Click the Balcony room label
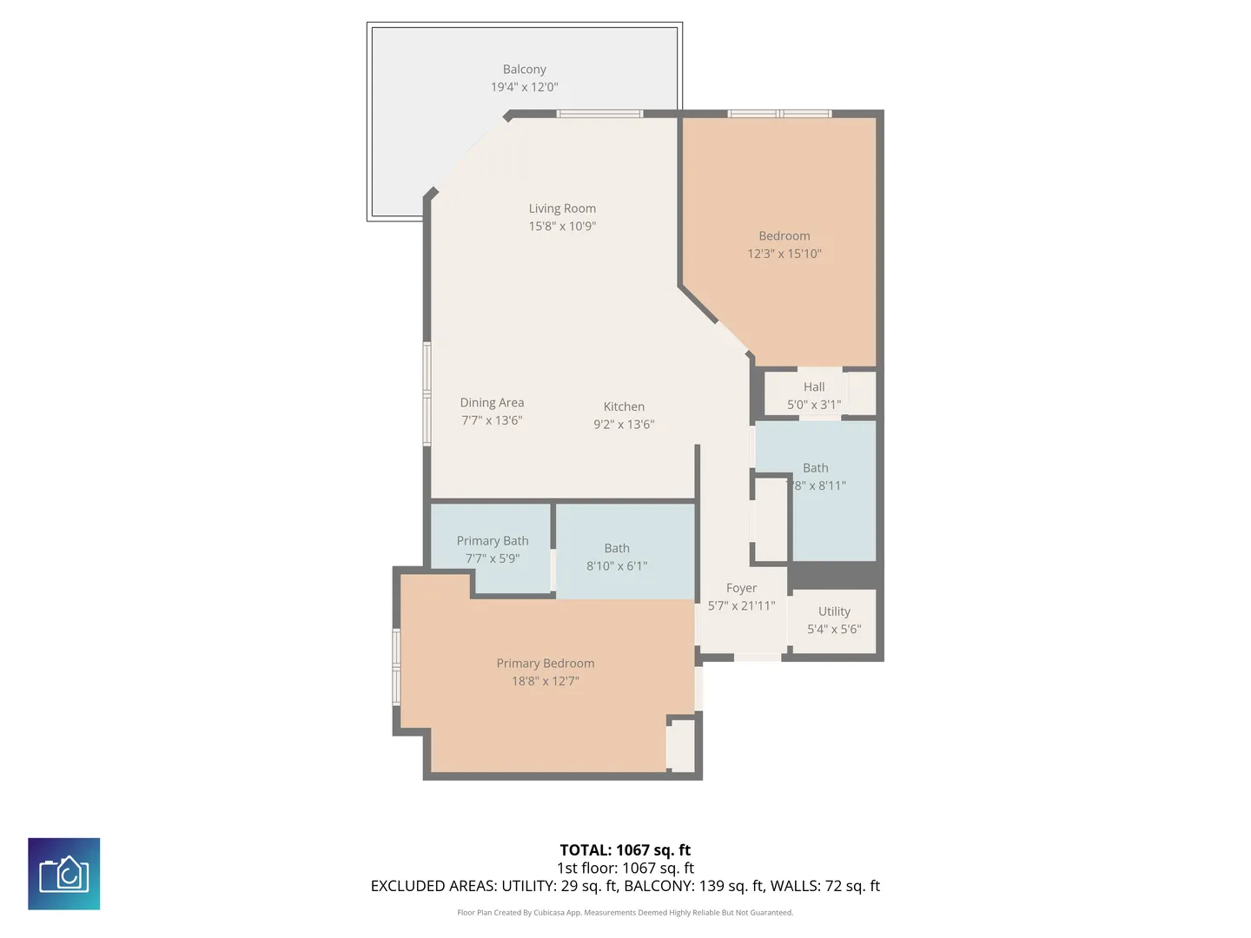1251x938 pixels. (x=524, y=69)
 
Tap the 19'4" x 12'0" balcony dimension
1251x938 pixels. (x=524, y=87)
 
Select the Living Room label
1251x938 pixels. (x=562, y=208)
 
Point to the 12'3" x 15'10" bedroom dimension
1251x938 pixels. (x=784, y=254)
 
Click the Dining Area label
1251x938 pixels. (x=492, y=403)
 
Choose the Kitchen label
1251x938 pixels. (x=624, y=406)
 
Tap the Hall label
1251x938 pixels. (x=814, y=386)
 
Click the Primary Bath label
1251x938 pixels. (x=493, y=540)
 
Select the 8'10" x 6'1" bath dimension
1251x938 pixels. (x=617, y=565)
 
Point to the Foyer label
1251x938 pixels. (x=741, y=588)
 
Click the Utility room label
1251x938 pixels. (x=834, y=611)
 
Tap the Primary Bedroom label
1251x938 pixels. (x=545, y=664)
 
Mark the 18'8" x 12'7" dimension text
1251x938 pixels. (x=545, y=681)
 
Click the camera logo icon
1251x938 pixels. (x=63, y=874)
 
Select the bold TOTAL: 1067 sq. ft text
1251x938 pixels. (x=625, y=850)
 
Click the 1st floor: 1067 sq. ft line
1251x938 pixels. (x=625, y=868)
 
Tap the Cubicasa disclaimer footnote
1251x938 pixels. (x=625, y=912)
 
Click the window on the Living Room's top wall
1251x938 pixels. (x=599, y=114)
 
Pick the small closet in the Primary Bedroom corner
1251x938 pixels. (x=681, y=745)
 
